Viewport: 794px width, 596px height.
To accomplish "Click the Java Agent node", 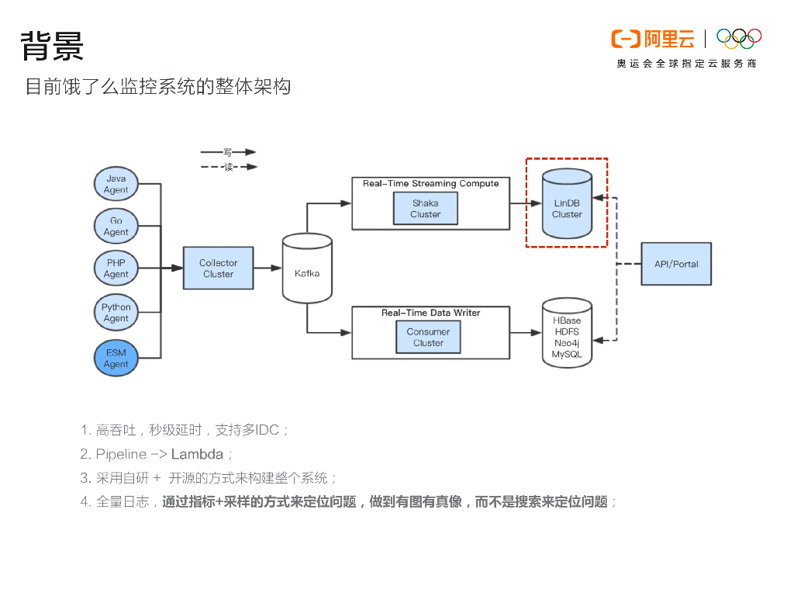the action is [116, 183].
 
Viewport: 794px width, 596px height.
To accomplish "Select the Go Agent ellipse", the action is [116, 226].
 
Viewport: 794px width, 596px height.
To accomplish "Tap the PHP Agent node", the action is [116, 268].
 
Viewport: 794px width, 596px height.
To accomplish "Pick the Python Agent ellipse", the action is [116, 312].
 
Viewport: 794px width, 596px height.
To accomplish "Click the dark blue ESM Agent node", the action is [116, 358].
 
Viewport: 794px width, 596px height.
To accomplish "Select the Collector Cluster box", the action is [218, 268].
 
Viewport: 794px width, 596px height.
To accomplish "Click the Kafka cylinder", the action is [307, 268].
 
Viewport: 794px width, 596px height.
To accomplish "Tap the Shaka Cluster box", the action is [426, 209].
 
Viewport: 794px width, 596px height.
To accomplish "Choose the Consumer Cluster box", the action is [428, 337].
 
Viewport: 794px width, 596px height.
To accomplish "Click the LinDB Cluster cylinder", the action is [567, 203].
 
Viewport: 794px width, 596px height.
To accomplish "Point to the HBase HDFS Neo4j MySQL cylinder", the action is [567, 332].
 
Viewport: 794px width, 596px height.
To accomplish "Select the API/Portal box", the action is [676, 264].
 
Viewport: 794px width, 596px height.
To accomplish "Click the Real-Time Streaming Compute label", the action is [431, 183].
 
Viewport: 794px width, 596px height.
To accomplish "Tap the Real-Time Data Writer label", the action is [431, 313].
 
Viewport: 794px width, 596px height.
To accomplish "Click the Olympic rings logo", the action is [739, 39].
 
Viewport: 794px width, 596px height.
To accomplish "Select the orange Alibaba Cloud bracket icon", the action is [626, 39].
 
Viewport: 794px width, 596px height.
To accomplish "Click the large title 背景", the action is [52, 46].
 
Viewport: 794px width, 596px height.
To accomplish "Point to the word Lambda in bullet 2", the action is [197, 454].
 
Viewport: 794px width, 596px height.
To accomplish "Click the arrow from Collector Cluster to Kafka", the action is [268, 268].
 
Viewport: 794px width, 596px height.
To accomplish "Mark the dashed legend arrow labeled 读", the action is [230, 167].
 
